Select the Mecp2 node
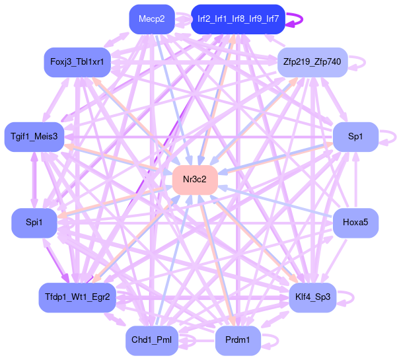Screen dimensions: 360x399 151,19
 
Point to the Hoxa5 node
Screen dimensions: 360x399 355,223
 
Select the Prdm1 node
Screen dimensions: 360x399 238,341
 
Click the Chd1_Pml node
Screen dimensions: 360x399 151,341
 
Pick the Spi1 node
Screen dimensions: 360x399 34,223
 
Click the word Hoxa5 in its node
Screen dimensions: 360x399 355,223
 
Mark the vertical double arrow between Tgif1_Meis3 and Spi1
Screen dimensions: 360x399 34,180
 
